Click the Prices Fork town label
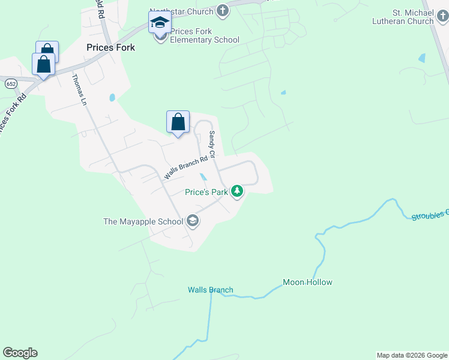(110, 47)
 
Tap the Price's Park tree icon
(238, 191)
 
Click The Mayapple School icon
(193, 221)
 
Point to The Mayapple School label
(143, 221)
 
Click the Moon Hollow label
(307, 282)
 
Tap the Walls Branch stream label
(210, 290)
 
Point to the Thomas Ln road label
(79, 89)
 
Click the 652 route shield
(11, 83)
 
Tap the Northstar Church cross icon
(222, 10)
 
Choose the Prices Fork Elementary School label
(204, 36)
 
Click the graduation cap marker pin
(160, 23)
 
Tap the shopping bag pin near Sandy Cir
(178, 122)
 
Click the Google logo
(20, 353)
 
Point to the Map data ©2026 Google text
(412, 355)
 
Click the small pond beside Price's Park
(203, 177)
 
